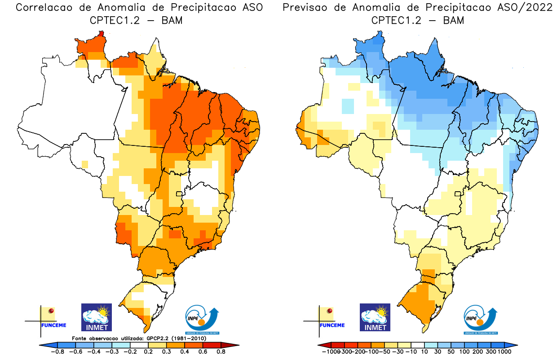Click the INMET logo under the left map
click(96, 317)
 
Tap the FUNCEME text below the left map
click(54, 325)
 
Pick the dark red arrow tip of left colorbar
click(235, 345)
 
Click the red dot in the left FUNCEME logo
click(51, 311)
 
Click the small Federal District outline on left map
click(179, 193)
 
